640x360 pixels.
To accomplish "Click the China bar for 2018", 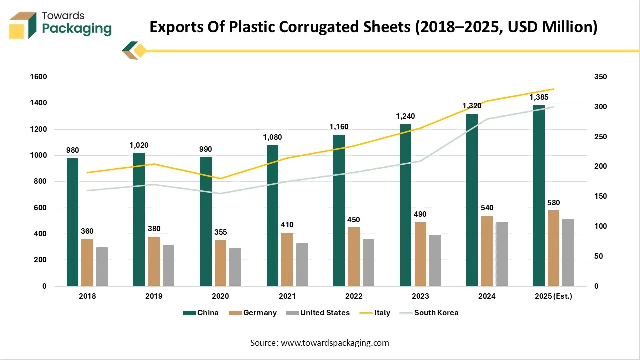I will [72, 222].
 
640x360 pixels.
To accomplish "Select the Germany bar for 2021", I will [287, 259].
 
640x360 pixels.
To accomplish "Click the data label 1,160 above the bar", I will [339, 127].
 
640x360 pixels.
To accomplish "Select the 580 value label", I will [553, 203].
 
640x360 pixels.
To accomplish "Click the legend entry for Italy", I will [382, 313].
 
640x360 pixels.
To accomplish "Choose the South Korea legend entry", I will [436, 313].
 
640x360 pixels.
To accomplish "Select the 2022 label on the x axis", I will [354, 296].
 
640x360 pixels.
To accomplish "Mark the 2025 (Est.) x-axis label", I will [553, 296].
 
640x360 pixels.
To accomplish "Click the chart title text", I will [373, 27].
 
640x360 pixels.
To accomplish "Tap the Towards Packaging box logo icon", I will [23, 25].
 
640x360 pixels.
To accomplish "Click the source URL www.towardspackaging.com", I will [335, 343].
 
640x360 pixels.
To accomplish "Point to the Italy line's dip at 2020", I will [220, 178].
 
